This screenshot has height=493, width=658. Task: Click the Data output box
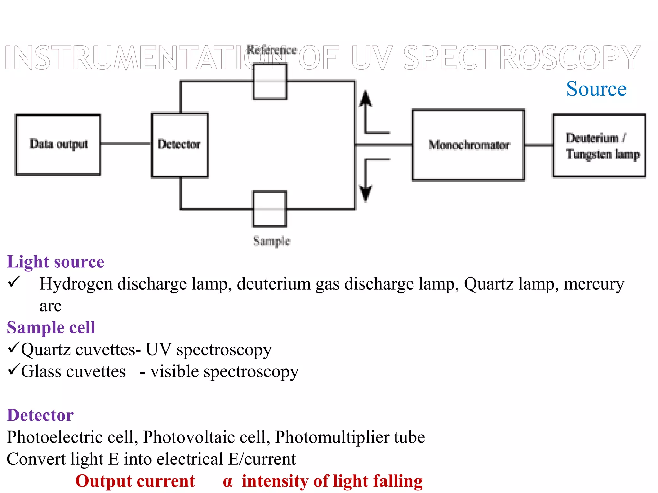tap(58, 144)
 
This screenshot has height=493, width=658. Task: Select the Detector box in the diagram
tap(180, 145)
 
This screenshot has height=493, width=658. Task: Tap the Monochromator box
tap(468, 145)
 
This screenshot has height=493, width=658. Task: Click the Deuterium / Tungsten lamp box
tap(599, 145)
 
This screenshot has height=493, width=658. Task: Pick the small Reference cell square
tap(270, 82)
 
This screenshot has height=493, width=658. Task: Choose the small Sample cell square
tap(270, 209)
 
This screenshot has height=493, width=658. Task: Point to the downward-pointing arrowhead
tap(365, 193)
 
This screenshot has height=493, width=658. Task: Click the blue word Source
tap(596, 89)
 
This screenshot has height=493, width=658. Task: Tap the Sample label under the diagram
tap(271, 241)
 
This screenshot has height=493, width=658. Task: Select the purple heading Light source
tap(56, 262)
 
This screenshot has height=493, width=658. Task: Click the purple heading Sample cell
tap(51, 328)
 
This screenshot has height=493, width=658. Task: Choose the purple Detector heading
tap(40, 415)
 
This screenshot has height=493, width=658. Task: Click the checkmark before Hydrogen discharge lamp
tap(14, 282)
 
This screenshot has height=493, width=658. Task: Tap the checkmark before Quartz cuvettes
tap(14, 348)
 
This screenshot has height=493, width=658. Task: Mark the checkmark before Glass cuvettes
tap(14, 369)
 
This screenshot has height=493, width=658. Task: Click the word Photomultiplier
tap(332, 437)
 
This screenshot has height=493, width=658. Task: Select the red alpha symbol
tap(227, 481)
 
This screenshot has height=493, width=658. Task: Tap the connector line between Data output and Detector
tap(126, 143)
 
